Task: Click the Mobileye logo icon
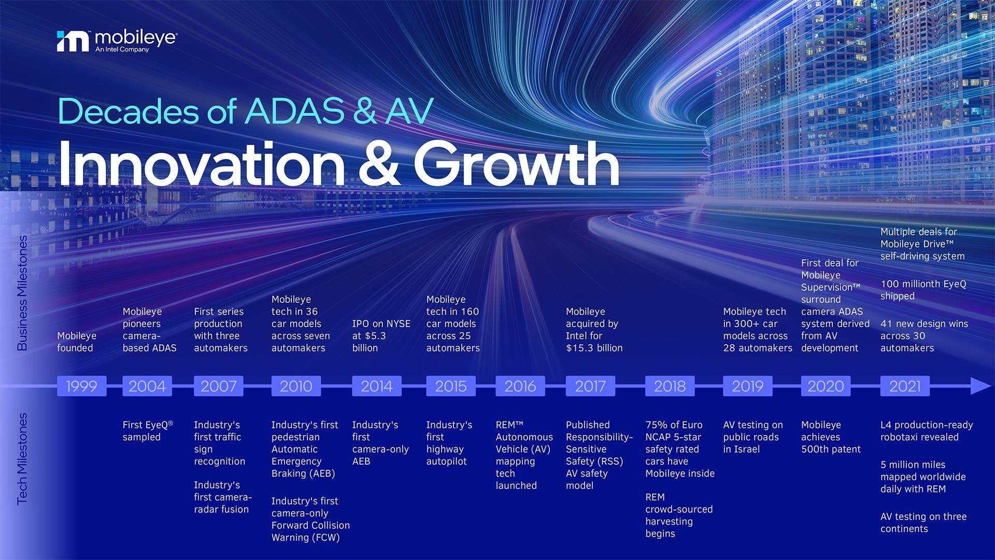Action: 73,41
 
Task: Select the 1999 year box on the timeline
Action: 81,386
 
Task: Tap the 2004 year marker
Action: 147,386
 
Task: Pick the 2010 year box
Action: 296,386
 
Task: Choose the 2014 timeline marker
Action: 377,386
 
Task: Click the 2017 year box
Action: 590,386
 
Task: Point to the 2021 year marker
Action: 905,386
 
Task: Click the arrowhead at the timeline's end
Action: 980,386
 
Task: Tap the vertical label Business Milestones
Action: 22,293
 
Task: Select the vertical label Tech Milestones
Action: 22,458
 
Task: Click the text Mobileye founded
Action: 77,342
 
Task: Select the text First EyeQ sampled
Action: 148,431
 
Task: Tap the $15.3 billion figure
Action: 594,348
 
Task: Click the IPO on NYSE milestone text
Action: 381,324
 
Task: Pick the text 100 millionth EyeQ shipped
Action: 923,290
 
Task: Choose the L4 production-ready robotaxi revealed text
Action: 927,431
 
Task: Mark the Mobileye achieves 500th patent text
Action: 831,437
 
